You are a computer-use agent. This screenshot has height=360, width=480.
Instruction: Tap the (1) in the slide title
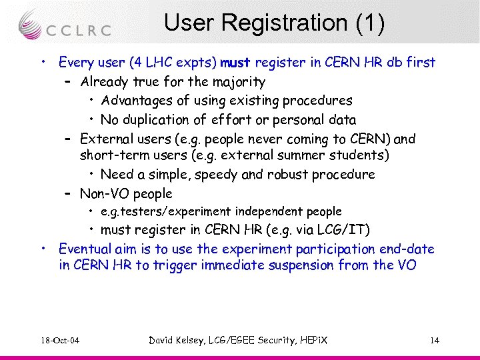point(370,23)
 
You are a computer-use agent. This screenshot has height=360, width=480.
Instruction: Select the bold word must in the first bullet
point(234,63)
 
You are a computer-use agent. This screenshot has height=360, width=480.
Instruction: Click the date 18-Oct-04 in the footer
point(59,341)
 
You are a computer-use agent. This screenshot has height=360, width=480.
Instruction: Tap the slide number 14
point(435,341)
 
